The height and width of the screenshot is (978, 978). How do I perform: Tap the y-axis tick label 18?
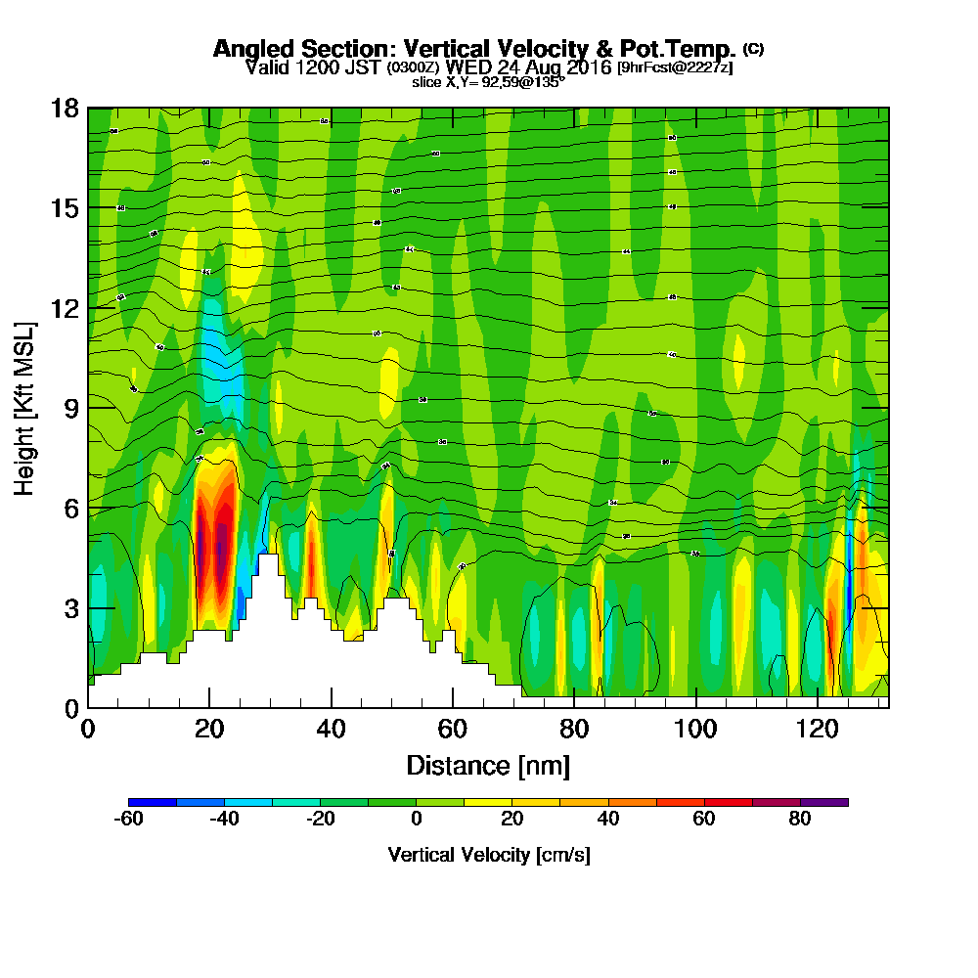(65, 108)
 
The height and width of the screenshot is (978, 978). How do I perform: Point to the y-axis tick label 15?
(65, 208)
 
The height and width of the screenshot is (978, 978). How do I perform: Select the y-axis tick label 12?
(65, 308)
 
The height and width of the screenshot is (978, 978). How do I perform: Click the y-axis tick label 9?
(71, 408)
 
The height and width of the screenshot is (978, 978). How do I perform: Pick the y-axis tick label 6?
(71, 508)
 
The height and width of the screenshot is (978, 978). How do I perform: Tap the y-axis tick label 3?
(71, 607)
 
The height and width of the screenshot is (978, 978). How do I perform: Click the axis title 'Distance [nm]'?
(488, 765)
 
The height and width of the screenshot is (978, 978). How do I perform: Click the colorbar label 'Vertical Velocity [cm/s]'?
(488, 855)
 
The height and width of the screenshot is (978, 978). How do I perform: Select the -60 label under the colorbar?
(129, 820)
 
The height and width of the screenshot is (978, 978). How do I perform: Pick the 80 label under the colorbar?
(800, 820)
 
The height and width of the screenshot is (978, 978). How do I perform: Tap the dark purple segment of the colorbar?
(823, 802)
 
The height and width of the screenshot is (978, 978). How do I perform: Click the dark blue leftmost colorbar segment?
(153, 802)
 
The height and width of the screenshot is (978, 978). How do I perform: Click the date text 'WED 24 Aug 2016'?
(528, 67)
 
